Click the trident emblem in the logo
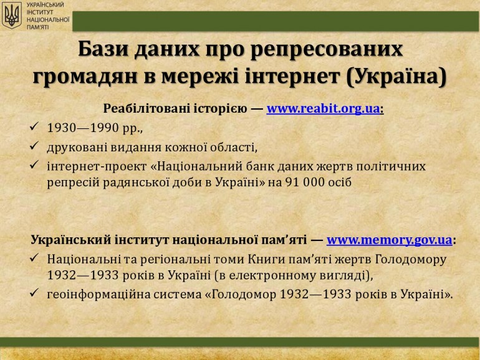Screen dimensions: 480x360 click(12, 16)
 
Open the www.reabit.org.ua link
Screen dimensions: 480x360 click(324, 108)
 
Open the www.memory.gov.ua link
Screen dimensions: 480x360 click(390, 240)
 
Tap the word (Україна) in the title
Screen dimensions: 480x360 click(396, 77)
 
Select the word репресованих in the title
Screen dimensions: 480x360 click(327, 50)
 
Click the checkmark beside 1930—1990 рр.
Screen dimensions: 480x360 click(34, 126)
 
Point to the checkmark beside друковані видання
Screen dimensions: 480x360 click(34, 146)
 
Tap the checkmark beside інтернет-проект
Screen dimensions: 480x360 click(34, 165)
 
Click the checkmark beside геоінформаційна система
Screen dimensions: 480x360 click(34, 293)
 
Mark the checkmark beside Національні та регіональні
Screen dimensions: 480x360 click(34, 258)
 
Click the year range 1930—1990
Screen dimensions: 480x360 click(83, 128)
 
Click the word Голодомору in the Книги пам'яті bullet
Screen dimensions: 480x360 click(411, 260)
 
